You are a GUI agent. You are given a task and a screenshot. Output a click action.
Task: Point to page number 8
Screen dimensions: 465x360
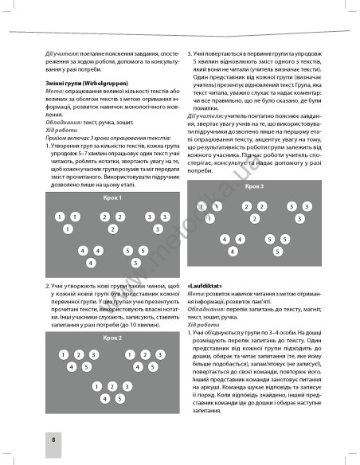click(30, 439)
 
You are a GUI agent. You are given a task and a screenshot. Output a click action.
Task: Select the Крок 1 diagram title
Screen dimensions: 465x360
click(112, 197)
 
